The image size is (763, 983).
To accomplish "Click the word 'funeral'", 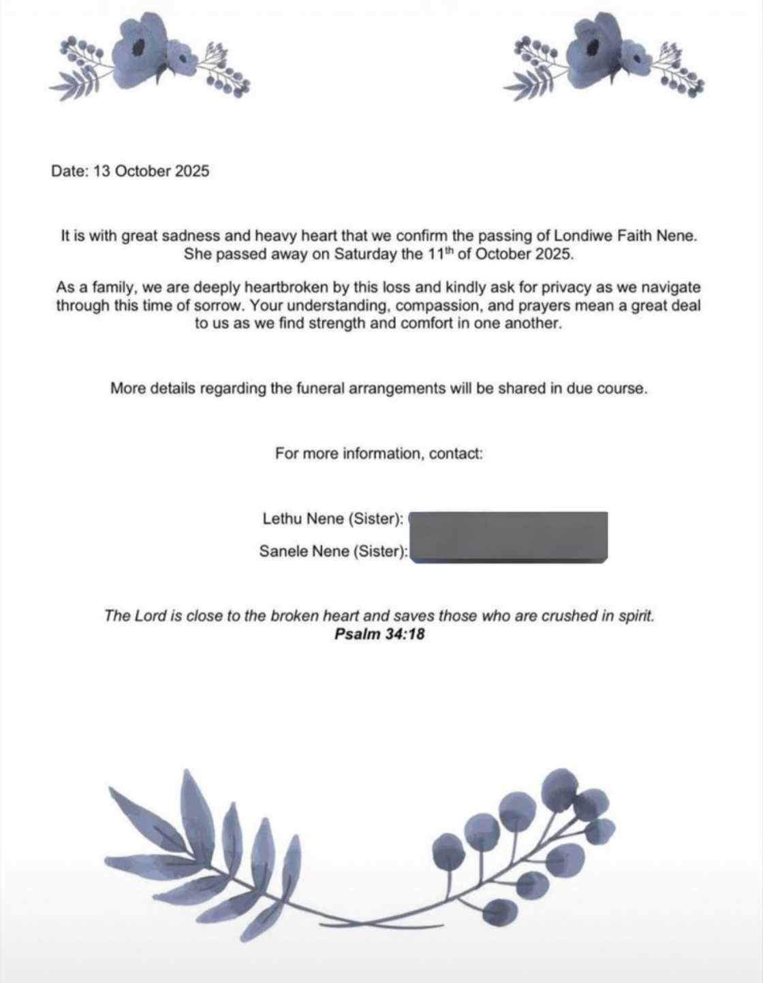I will pyautogui.click(x=320, y=389).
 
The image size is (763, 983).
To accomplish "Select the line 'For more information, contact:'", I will pyautogui.click(x=379, y=453).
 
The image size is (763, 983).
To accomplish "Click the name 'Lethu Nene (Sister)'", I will pyautogui.click(x=332, y=519).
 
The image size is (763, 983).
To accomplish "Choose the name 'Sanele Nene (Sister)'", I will pyautogui.click(x=332, y=551).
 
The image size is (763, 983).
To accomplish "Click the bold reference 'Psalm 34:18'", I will pyautogui.click(x=379, y=634).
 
